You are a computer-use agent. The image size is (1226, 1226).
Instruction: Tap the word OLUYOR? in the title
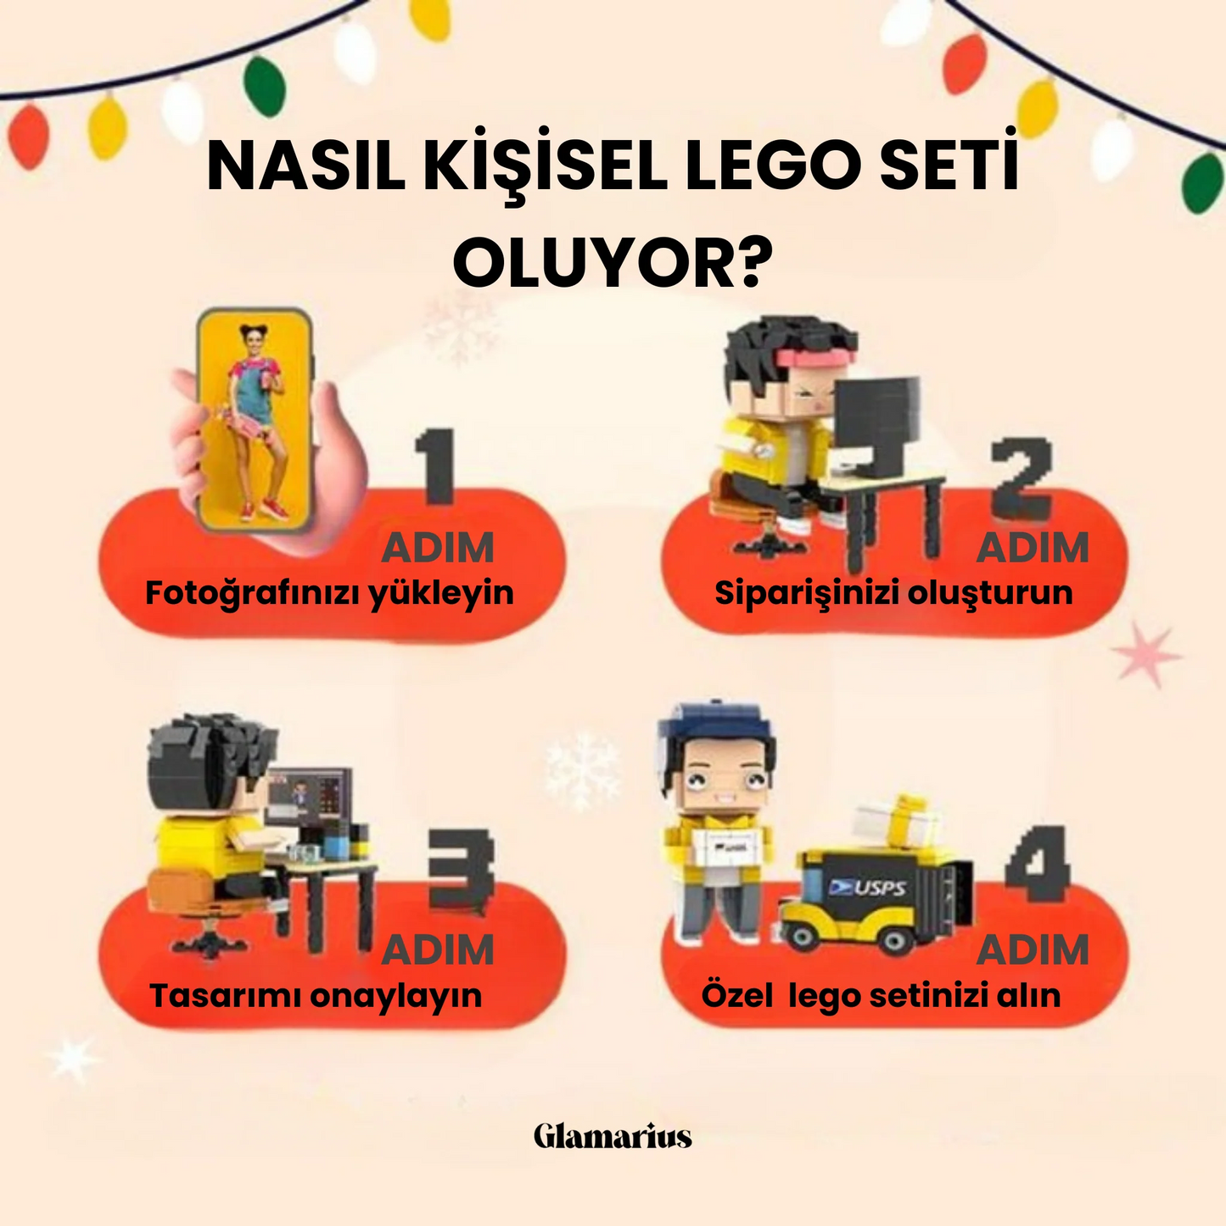tap(613, 264)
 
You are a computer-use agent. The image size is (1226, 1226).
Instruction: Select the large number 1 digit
tap(438, 467)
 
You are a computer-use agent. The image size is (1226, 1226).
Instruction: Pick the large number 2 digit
tap(1022, 478)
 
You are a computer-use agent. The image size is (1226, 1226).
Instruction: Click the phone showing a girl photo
tap(254, 420)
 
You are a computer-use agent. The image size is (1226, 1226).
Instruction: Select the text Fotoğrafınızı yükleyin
tap(329, 593)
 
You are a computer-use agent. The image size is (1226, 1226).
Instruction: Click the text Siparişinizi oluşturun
tap(893, 593)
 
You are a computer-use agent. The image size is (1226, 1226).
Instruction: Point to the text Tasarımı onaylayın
tap(316, 995)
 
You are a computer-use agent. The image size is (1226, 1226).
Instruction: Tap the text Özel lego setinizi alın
tap(881, 995)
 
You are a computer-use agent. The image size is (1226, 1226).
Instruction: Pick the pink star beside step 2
tap(1145, 654)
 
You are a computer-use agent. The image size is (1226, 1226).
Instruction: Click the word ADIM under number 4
tap(1033, 950)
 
